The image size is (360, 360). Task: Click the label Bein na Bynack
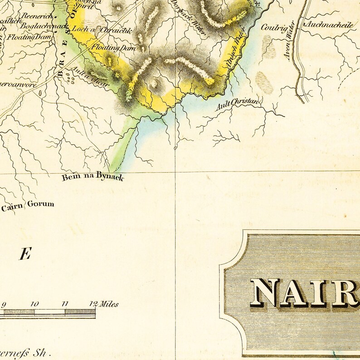92,177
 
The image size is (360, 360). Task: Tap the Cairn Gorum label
28,205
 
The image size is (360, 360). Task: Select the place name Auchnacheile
330,25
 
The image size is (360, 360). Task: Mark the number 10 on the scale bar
34,304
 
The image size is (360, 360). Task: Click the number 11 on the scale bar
65,304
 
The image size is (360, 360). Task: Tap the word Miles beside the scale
109,304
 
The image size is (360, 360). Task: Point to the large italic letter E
24,255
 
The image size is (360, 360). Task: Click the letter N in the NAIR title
266,293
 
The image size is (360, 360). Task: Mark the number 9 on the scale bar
4,304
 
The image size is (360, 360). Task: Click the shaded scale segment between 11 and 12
80,311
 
